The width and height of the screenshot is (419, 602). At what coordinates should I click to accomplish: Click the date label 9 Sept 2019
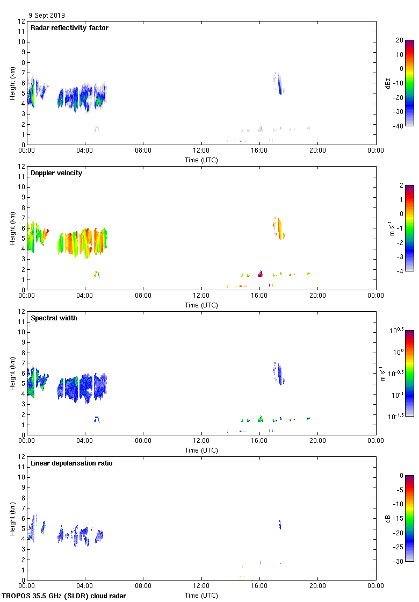pyautogui.click(x=47, y=16)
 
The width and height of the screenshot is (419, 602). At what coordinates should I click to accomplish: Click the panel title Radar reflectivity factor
pyautogui.click(x=69, y=28)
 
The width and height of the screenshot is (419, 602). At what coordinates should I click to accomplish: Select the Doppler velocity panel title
pyautogui.click(x=56, y=173)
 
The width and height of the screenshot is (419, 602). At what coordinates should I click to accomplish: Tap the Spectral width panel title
pyautogui.click(x=54, y=318)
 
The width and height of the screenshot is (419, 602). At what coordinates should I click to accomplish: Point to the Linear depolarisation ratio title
pyautogui.click(x=71, y=463)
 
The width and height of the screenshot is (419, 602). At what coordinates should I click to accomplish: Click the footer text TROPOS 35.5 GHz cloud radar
pyautogui.click(x=64, y=596)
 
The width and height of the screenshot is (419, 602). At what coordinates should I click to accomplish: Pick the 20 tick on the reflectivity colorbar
pyautogui.click(x=399, y=40)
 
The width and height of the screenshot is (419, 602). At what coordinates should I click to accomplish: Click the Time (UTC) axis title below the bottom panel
pyautogui.click(x=201, y=596)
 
